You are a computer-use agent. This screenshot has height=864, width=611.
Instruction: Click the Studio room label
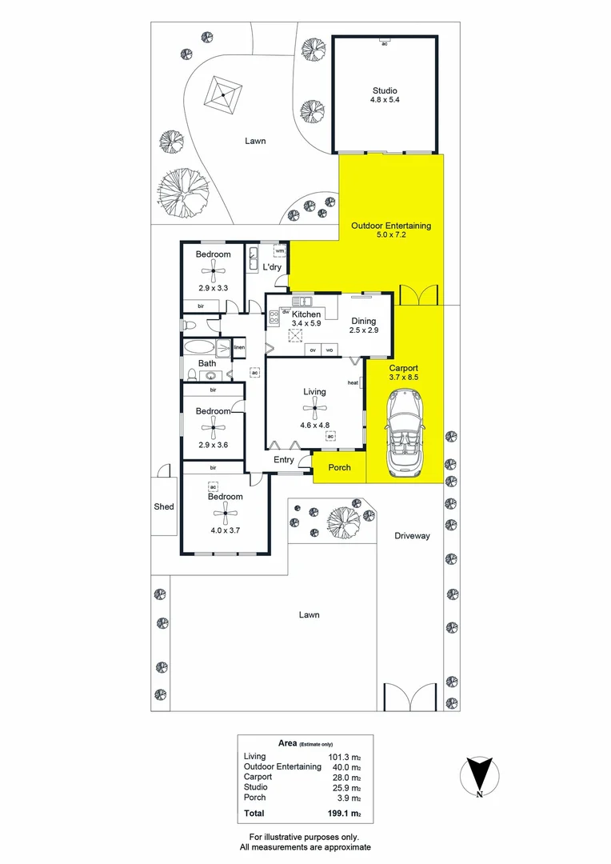pyautogui.click(x=384, y=90)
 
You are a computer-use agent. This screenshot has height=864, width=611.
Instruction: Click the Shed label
pyautogui.click(x=164, y=506)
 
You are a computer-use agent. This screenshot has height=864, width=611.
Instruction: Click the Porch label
pyautogui.click(x=340, y=467)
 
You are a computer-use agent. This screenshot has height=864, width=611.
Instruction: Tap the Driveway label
pyautogui.click(x=412, y=536)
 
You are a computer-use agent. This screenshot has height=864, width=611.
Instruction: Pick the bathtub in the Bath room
pyautogui.click(x=199, y=348)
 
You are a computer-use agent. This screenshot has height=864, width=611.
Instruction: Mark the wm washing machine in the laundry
pyautogui.click(x=279, y=252)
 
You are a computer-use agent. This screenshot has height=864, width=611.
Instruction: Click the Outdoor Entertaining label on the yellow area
pyautogui.click(x=391, y=226)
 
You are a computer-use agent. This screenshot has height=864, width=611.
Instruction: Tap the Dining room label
pyautogui.click(x=363, y=321)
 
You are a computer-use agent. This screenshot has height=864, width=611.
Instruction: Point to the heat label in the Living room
pyautogui.click(x=353, y=383)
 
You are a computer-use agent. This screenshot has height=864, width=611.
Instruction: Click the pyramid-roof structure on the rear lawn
pyautogui.click(x=222, y=97)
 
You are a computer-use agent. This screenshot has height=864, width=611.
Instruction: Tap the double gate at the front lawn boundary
pyautogui.click(x=409, y=697)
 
